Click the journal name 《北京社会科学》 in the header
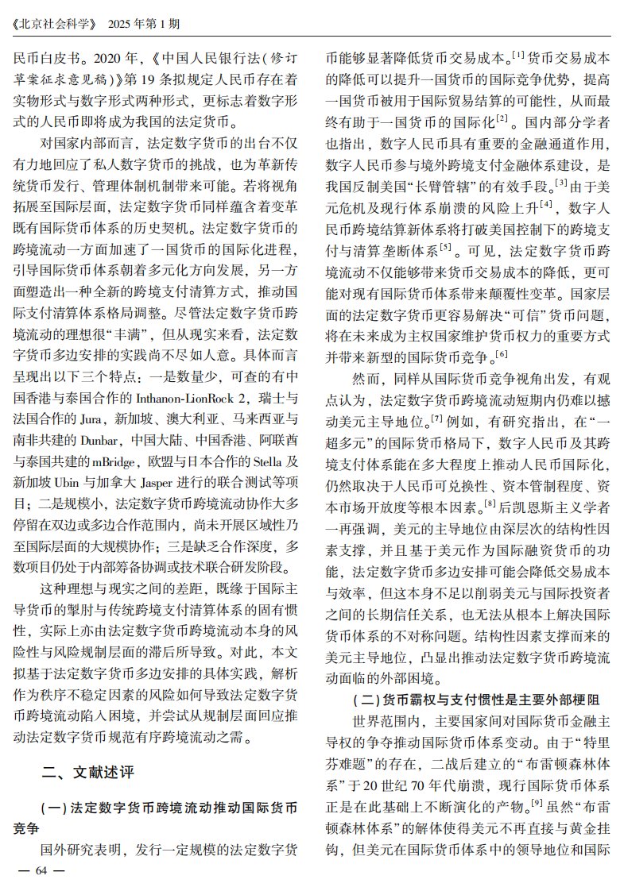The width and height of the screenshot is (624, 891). coord(54,23)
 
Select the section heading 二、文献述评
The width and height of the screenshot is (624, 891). coord(88,771)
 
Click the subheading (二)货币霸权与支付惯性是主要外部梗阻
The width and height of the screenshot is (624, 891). coord(475,700)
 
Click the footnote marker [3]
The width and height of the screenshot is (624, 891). coord(561,183)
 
